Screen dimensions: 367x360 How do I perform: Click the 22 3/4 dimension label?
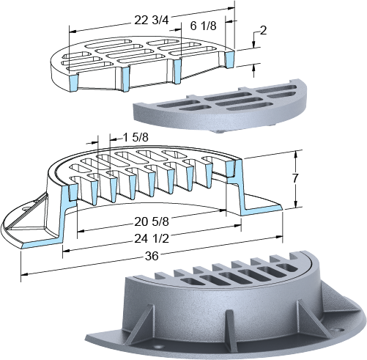pyautogui.click(x=152, y=21)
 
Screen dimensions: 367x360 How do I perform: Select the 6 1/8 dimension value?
pyautogui.click(x=203, y=26)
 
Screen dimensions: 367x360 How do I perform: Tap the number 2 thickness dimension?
pyautogui.click(x=263, y=31)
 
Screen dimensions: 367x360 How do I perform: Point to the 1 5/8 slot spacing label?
pyautogui.click(x=136, y=138)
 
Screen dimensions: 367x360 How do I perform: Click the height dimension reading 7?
pyautogui.click(x=295, y=179)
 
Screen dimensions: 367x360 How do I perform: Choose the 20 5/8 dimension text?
pyautogui.click(x=152, y=222)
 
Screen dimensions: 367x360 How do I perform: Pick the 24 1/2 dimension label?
pyautogui.click(x=152, y=238)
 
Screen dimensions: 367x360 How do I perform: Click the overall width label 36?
pyautogui.click(x=152, y=256)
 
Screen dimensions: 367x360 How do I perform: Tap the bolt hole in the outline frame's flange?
pyautogui.click(x=26, y=209)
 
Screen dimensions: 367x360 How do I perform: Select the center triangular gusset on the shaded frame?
pyautogui.click(x=229, y=326)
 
